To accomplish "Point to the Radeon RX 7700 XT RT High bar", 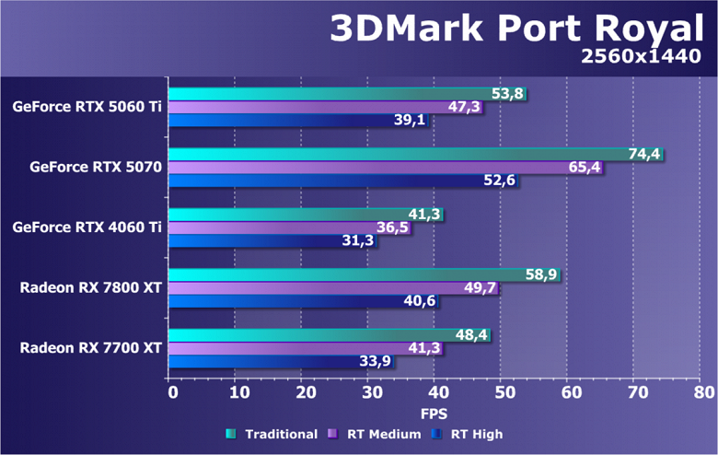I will (282, 362).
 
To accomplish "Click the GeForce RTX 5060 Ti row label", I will (87, 107).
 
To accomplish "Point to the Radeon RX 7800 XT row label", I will (91, 288).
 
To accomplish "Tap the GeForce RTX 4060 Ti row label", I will (87, 227).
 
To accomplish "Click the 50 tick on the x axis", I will (503, 391).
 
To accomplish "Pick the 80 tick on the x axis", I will (703, 391).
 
